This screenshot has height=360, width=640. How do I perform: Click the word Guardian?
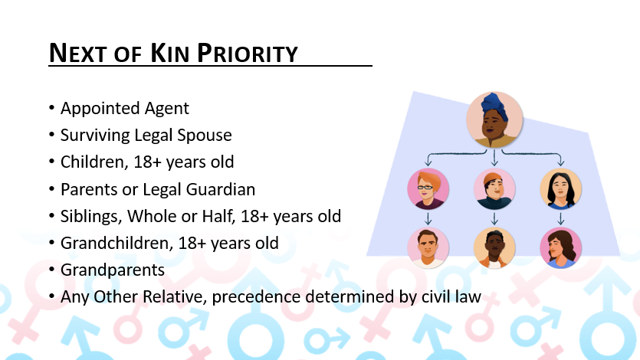click(x=222, y=189)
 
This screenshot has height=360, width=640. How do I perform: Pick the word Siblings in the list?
click(x=87, y=216)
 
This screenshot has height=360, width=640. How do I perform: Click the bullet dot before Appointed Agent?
click(x=51, y=109)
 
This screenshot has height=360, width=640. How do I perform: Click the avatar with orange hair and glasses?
click(x=428, y=188)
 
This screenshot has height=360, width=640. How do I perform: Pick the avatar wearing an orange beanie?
click(x=494, y=188)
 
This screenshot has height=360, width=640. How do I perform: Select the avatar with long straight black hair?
click(x=560, y=188)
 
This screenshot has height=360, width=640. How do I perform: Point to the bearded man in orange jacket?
click(x=494, y=247)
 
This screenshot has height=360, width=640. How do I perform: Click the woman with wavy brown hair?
click(x=560, y=247)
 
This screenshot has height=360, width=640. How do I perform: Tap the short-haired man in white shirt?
click(x=428, y=247)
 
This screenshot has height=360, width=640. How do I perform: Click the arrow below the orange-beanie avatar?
click(x=494, y=218)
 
